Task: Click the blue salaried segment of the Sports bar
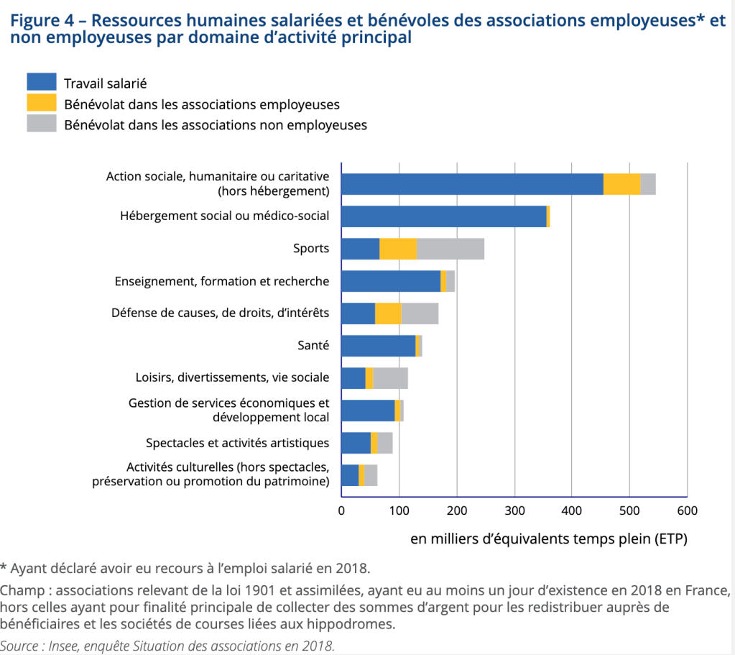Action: [360, 249]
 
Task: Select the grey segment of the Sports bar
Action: [450, 249]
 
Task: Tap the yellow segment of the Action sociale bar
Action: [621, 184]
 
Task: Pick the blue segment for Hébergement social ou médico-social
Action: [443, 216]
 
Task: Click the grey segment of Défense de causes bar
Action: [420, 313]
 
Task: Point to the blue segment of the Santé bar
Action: [378, 346]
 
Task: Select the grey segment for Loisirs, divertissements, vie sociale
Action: [390, 378]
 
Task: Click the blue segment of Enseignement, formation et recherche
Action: [390, 281]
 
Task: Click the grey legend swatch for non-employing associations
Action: [41, 124]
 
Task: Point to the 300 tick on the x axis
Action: [514, 511]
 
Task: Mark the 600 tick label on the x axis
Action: [687, 511]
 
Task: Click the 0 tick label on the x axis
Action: [341, 511]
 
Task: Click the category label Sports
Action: [311, 249]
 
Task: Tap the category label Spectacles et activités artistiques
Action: [237, 443]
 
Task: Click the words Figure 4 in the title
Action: [44, 20]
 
